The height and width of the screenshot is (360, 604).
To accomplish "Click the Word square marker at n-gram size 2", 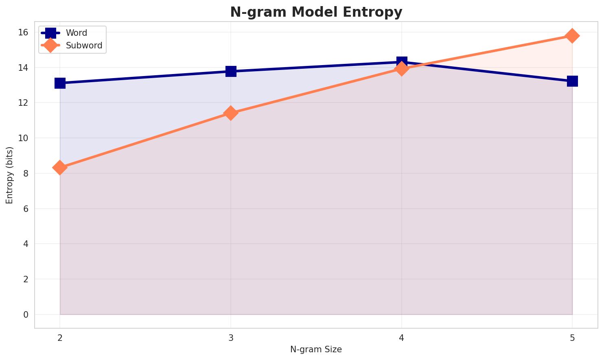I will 60,83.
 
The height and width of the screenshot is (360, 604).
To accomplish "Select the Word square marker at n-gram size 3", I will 231,71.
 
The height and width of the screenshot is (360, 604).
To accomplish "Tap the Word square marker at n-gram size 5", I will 572,81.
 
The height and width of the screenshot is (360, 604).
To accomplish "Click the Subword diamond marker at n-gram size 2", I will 60,168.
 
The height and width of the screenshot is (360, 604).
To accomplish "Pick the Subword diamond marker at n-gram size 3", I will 231,113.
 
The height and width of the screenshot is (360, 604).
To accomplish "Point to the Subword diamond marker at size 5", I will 572,36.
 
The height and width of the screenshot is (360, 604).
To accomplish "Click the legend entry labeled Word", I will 77,33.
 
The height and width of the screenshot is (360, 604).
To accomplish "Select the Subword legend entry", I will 84,46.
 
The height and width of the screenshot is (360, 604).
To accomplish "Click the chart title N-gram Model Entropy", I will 316,12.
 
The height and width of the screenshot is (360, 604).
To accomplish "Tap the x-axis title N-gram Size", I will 316,349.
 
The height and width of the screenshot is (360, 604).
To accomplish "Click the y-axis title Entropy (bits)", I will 9,175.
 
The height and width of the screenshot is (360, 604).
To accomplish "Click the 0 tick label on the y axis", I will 26,314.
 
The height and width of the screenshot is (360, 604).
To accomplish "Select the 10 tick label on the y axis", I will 23,138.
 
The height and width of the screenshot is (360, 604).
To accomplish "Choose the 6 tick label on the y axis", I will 26,209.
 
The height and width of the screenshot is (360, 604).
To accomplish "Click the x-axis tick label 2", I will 60,337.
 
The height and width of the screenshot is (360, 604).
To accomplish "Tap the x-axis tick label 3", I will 231,337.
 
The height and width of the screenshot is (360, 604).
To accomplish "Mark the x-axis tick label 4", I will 402,337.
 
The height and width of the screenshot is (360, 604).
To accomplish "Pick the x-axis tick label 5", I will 572,337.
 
